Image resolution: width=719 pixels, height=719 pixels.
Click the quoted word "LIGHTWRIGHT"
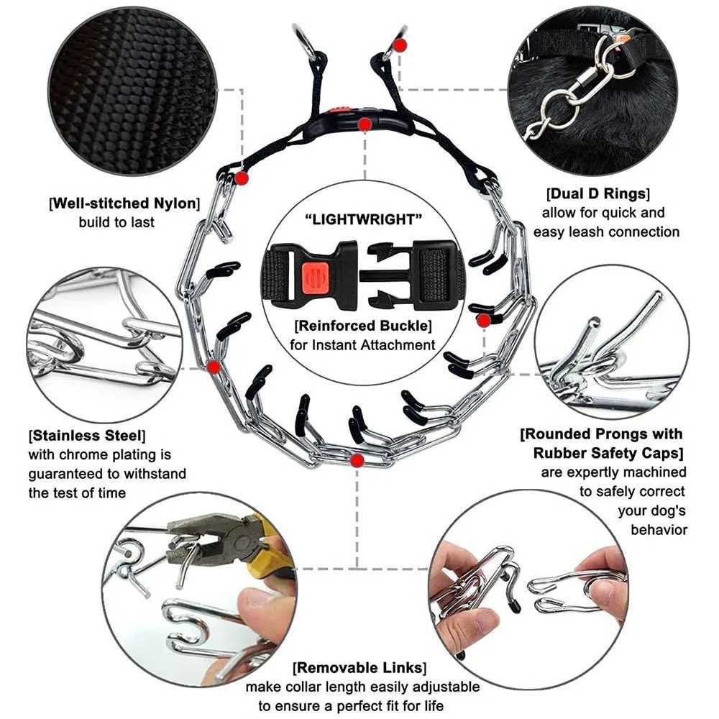point(363,219)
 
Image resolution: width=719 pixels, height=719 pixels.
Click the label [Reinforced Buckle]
point(363,326)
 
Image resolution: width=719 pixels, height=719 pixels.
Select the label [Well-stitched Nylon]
point(124,203)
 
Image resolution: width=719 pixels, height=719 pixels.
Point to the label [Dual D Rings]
point(597,193)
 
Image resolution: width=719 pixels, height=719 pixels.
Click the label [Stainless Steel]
point(86,436)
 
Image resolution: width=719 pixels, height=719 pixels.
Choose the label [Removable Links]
point(358,668)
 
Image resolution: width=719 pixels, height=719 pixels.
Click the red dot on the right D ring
point(400,45)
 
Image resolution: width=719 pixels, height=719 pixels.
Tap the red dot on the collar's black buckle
point(365,124)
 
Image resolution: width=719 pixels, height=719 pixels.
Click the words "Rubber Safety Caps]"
point(608,453)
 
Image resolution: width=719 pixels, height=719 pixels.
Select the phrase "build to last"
point(116,222)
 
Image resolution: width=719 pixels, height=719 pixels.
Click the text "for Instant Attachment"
point(363,345)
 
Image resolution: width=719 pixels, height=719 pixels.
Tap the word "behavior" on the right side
point(658,530)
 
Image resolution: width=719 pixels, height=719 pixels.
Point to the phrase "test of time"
point(77,493)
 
